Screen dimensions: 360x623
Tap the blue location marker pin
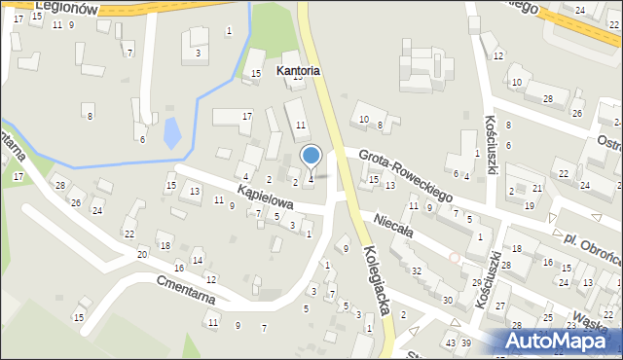tap(311, 157)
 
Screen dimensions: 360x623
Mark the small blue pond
tap(172, 131)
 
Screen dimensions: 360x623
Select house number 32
tap(417, 270)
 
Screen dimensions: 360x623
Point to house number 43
tap(450, 343)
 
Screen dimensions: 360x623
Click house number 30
tap(447, 300)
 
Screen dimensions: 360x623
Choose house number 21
tap(537, 188)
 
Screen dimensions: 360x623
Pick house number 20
tap(142, 254)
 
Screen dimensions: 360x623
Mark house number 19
tap(529, 205)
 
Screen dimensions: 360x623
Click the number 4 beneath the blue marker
tap(311, 178)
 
